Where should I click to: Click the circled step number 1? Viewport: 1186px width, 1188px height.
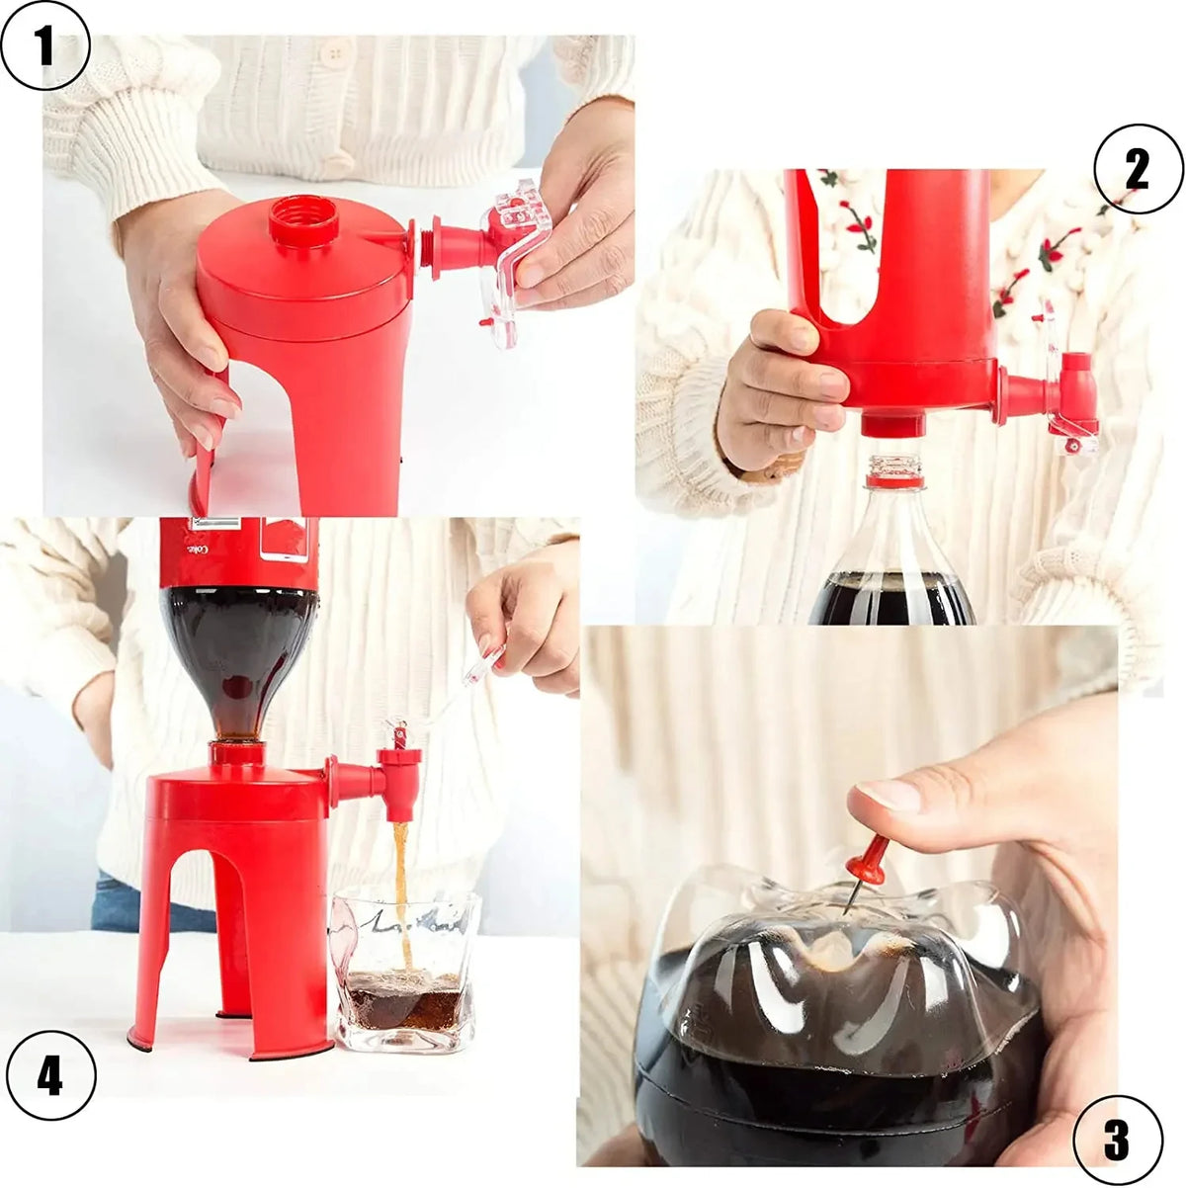pos(45,45)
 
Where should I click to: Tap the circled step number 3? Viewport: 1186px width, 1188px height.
pos(1117,1140)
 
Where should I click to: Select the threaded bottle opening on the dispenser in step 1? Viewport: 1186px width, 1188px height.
pos(303,219)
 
